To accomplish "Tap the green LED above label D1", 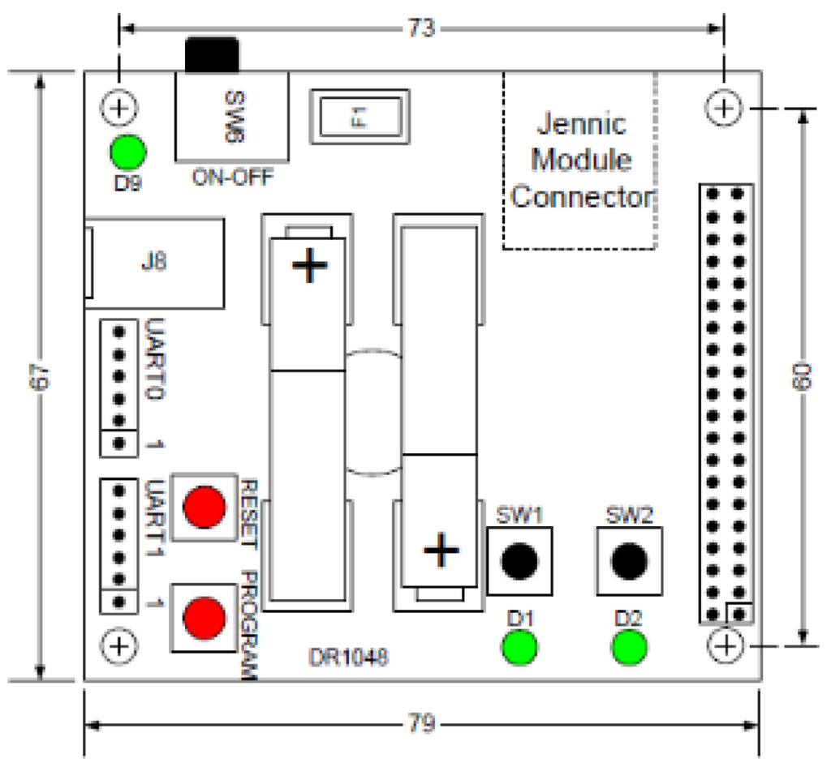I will click(519, 648).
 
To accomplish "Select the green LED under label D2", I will click(629, 648).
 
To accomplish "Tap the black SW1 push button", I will click(519, 560).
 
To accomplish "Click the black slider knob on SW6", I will click(212, 54).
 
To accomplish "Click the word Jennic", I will click(582, 124).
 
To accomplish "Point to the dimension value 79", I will click(422, 723).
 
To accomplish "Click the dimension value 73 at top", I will click(421, 28).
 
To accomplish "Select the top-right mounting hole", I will click(723, 107).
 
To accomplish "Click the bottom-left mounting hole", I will click(120, 646).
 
